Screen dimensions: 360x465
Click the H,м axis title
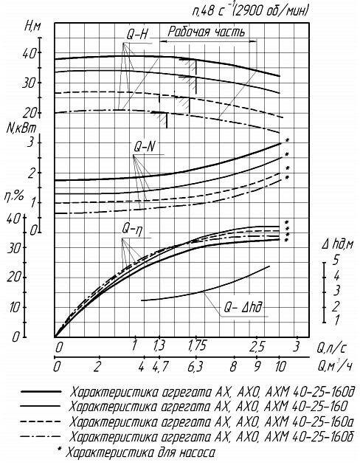point(32,27)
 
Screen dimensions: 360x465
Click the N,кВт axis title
point(21,128)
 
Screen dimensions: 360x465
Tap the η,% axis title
point(13,196)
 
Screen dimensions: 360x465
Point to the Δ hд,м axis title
point(337,244)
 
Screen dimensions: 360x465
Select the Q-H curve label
point(137,35)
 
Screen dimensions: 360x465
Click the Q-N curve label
point(145,147)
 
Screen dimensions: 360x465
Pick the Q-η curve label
point(133,230)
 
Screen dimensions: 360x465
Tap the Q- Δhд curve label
point(243,308)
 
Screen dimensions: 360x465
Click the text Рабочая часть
point(207,32)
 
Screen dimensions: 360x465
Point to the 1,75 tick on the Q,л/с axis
point(197,346)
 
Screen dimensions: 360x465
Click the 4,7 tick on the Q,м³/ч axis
point(160,367)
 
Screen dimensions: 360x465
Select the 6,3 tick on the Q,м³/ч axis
point(195,367)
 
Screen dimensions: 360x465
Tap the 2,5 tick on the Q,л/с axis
point(257,346)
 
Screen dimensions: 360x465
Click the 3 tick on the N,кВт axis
point(30,143)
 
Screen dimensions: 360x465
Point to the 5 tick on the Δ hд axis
point(335,260)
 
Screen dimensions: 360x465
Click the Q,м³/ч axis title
point(335,366)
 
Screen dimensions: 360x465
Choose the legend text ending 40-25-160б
point(212,437)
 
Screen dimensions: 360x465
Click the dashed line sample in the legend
point(41,421)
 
